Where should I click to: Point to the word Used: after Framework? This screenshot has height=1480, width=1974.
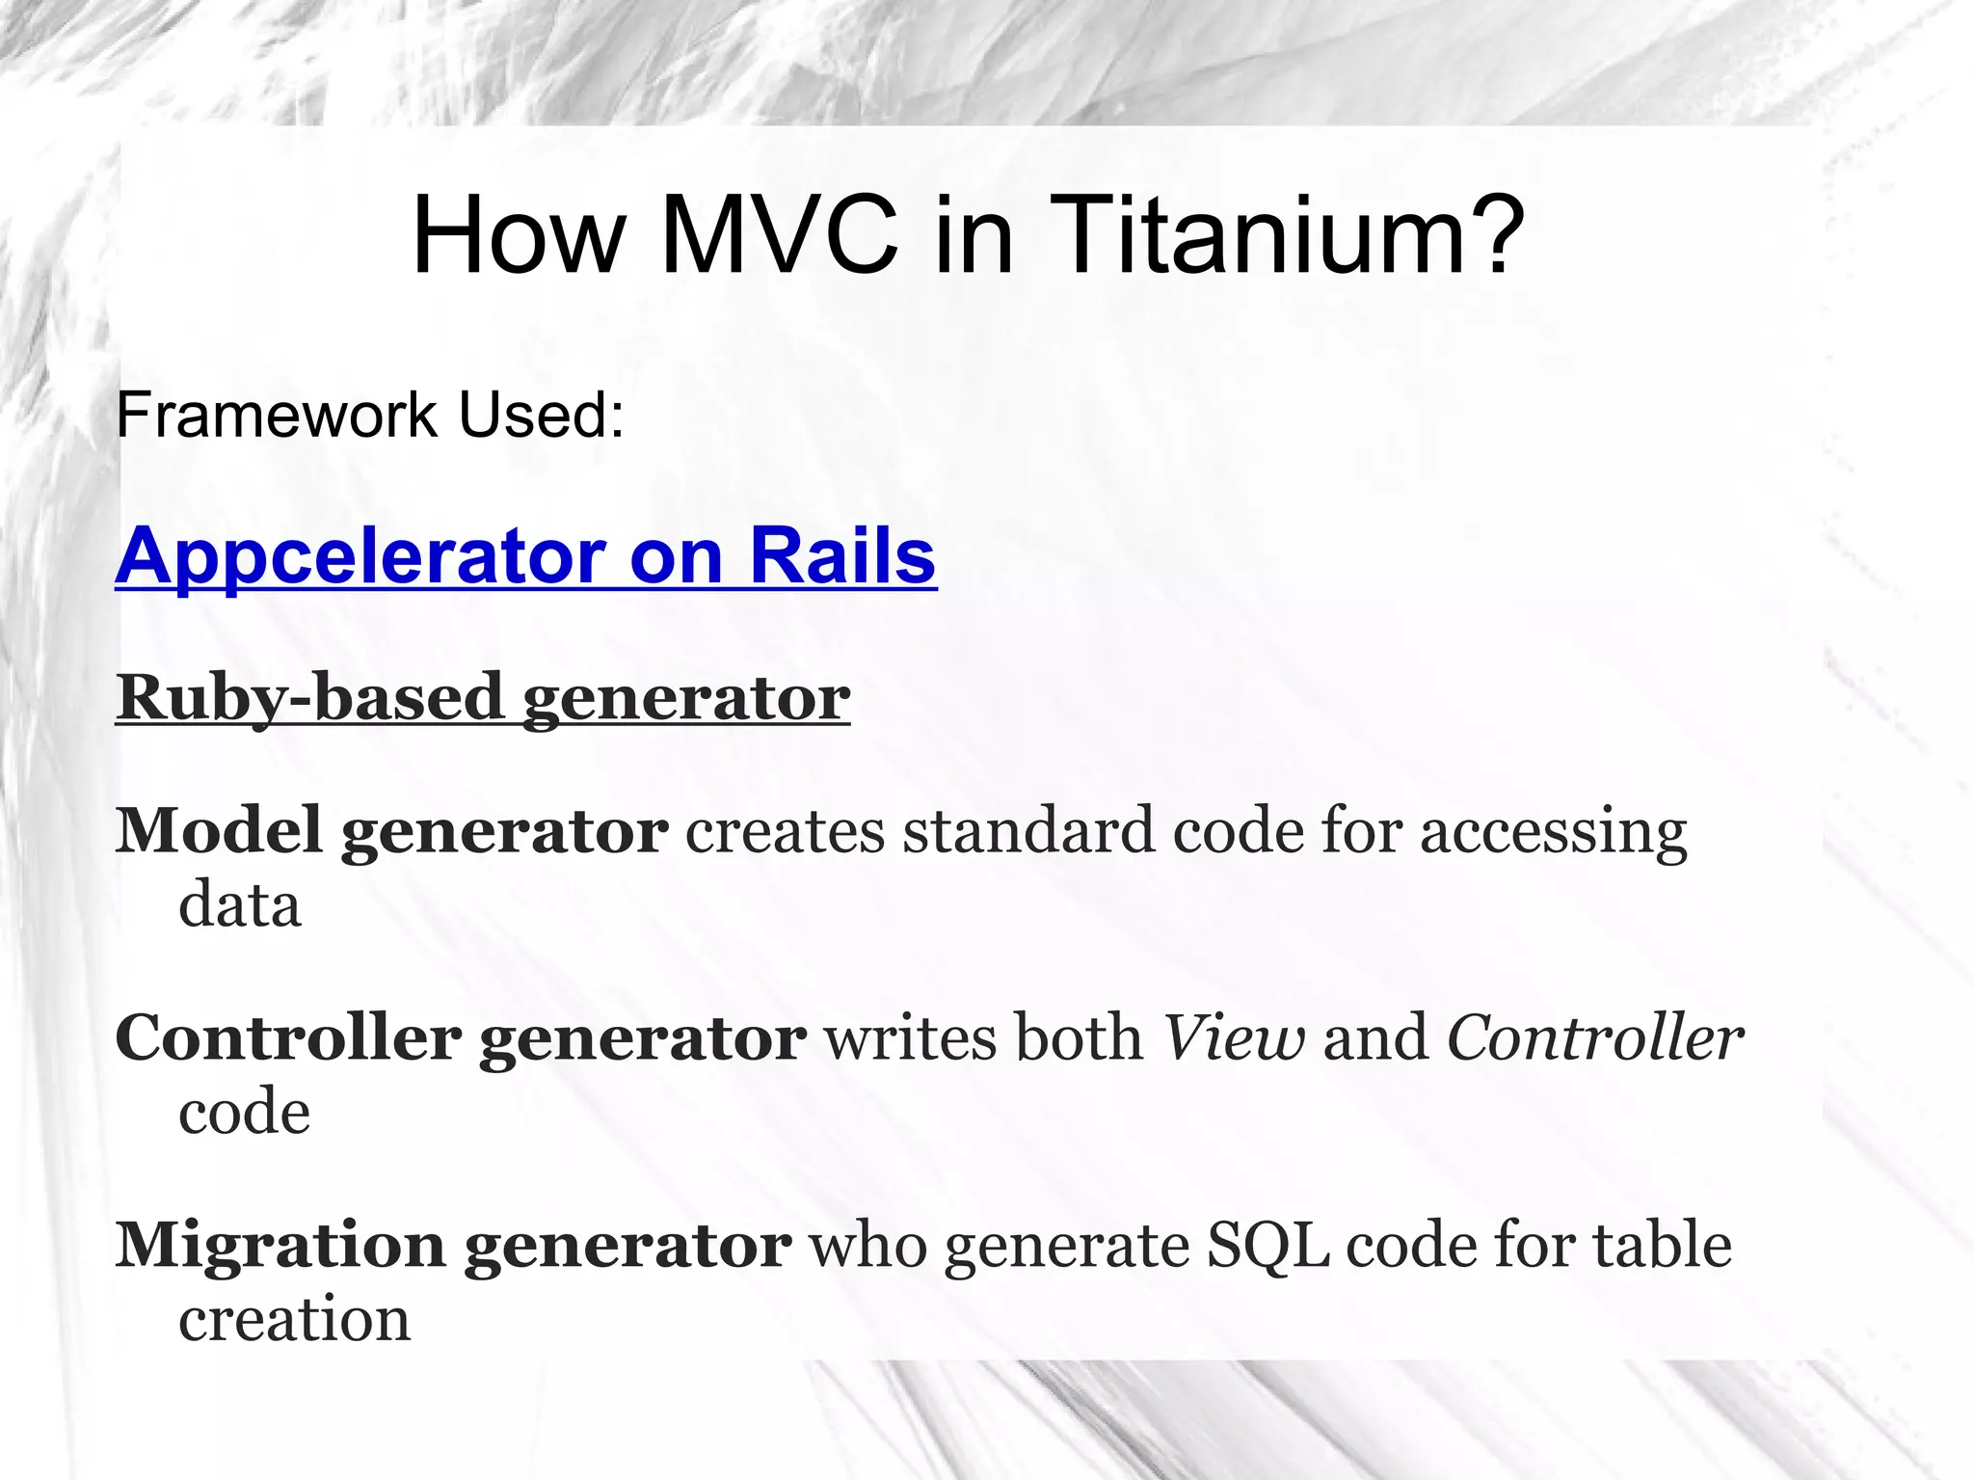pyautogui.click(x=541, y=416)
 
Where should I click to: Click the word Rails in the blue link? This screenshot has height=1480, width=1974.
pyautogui.click(x=841, y=556)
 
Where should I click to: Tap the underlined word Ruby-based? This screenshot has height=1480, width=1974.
pyautogui.click(x=309, y=697)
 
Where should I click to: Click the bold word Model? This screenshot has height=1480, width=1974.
pyautogui.click(x=219, y=830)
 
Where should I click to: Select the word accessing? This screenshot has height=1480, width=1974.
pyautogui.click(x=1553, y=832)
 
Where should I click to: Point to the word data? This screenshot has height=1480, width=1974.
pyautogui.click(x=240, y=905)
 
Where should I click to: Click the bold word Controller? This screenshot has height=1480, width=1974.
pyautogui.click(x=288, y=1038)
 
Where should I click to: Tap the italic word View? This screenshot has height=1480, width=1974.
pyautogui.click(x=1234, y=1038)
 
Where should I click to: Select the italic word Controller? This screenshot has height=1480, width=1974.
pyautogui.click(x=1595, y=1038)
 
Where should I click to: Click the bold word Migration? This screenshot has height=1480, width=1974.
pyautogui.click(x=280, y=1247)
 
